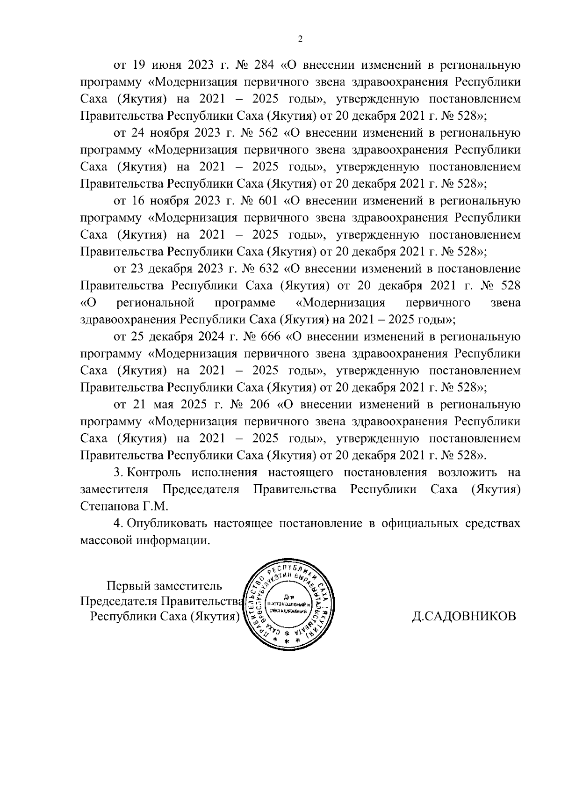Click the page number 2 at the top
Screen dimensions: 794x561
coord(300,39)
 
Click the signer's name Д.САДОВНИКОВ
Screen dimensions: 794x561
coord(464,616)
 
